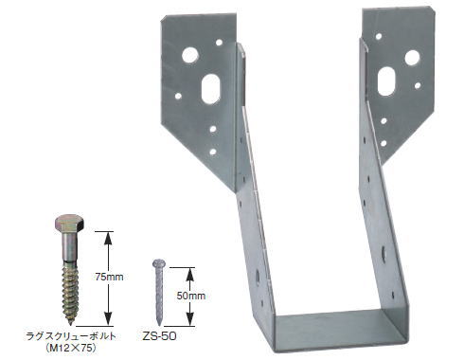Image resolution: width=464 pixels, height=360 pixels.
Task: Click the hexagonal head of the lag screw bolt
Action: [69, 224]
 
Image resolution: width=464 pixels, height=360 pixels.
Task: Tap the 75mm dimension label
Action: [109, 277]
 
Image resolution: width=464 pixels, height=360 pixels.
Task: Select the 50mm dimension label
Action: [191, 296]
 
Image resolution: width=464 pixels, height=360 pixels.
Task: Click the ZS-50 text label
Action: [159, 336]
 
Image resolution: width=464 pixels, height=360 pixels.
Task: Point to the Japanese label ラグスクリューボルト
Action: [71, 336]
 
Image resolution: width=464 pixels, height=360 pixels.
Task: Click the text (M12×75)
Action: [71, 348]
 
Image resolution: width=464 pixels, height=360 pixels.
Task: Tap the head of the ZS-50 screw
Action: [157, 263]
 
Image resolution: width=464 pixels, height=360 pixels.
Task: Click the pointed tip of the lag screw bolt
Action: [70, 324]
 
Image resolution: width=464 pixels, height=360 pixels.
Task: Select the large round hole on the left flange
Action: [190, 55]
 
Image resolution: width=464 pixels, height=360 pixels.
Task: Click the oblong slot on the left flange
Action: [210, 89]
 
